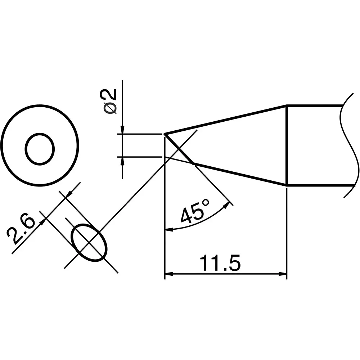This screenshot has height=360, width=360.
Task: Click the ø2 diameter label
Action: pos(110,102)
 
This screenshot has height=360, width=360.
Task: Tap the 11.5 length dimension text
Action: pos(220,263)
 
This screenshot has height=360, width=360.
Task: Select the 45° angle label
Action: pos(194,211)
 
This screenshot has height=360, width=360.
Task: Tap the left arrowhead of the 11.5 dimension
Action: pos(169,274)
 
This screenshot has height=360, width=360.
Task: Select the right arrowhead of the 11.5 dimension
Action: pos(283,274)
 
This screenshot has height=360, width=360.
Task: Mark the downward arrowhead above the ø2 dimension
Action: pos(122,129)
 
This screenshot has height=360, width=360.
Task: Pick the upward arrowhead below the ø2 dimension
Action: pos(122,161)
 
